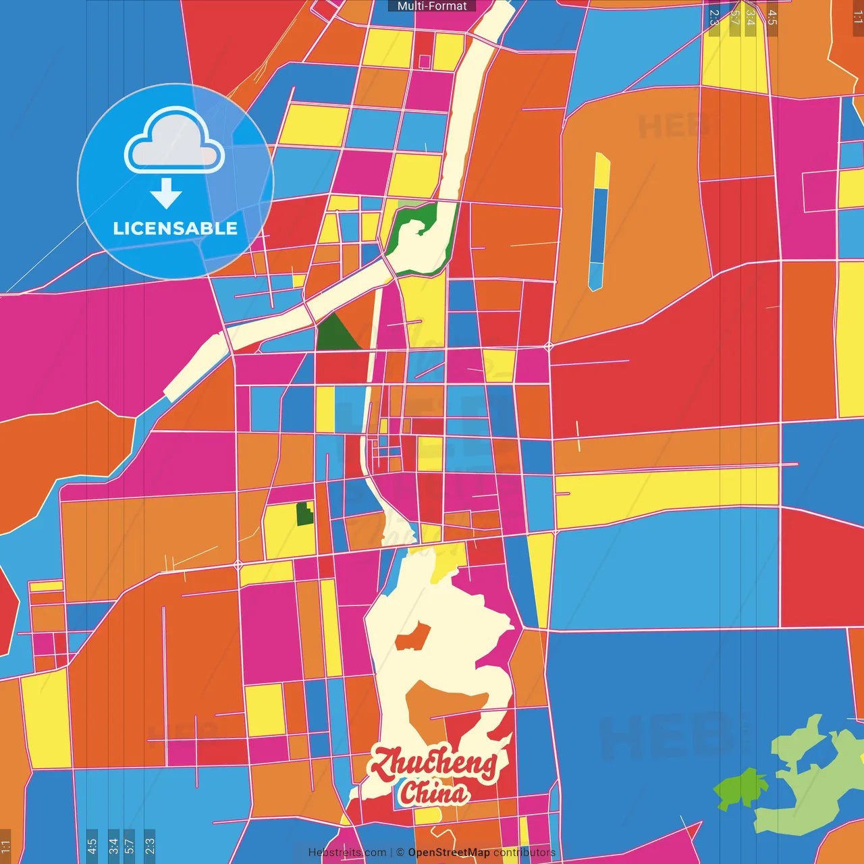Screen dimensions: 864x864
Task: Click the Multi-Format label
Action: (432, 6)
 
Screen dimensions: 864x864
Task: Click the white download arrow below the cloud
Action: (166, 194)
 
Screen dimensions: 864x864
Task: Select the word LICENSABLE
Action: (175, 228)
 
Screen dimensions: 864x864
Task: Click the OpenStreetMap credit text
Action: (448, 853)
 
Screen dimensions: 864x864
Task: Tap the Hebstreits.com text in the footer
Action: (347, 853)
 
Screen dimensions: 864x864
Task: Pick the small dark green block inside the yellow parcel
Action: (305, 514)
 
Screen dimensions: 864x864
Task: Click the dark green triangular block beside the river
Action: (335, 334)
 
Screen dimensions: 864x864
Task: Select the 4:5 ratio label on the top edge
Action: (772, 18)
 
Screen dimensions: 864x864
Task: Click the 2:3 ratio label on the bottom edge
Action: (149, 846)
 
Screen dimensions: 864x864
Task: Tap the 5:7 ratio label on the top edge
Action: (734, 18)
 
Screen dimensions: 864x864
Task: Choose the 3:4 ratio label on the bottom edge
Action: (113, 846)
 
